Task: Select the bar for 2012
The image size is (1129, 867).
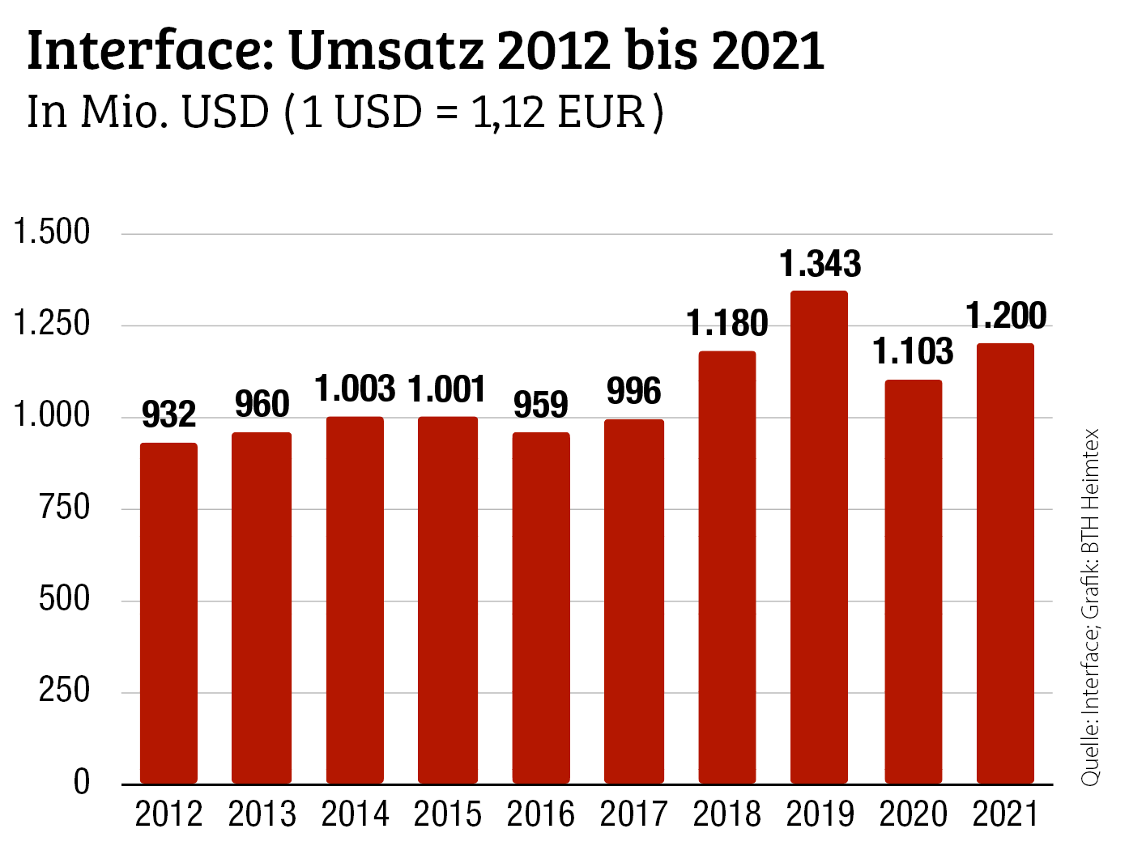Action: (168, 613)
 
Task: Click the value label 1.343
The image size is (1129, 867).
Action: (820, 264)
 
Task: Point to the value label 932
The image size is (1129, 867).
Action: (168, 415)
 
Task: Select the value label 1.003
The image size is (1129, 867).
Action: (355, 389)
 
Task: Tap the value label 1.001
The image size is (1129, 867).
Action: (447, 389)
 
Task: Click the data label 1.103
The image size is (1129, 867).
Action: (913, 352)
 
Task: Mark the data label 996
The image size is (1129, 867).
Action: (633, 392)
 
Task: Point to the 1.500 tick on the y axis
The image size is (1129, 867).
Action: (52, 232)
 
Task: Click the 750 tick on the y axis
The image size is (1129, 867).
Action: (64, 508)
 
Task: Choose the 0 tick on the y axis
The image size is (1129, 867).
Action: (81, 783)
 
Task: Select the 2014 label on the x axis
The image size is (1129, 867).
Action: (355, 814)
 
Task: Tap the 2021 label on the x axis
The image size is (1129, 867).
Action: (1005, 814)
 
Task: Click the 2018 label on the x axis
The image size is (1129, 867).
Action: (726, 814)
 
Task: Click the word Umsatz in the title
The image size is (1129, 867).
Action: (386, 51)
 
